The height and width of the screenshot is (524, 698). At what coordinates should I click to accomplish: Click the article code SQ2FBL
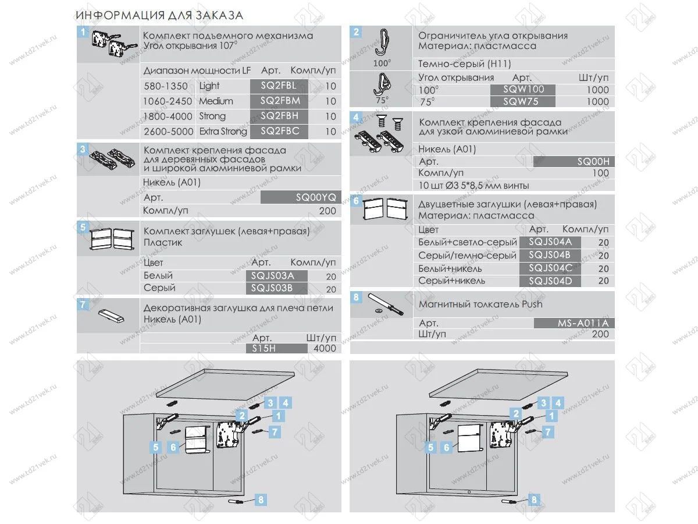point(279,86)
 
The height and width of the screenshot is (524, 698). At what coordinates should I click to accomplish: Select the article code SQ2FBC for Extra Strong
point(279,131)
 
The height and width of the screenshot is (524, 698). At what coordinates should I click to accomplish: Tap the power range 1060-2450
point(168,101)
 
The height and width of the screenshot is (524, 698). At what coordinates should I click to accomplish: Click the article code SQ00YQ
point(300,197)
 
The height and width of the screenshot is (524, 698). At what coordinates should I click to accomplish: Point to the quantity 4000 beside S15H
point(324,348)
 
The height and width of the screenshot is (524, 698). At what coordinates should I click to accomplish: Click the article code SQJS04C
point(550,268)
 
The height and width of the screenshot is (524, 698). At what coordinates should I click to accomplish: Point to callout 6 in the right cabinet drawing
point(446,448)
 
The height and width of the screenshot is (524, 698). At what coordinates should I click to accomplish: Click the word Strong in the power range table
point(212,116)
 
